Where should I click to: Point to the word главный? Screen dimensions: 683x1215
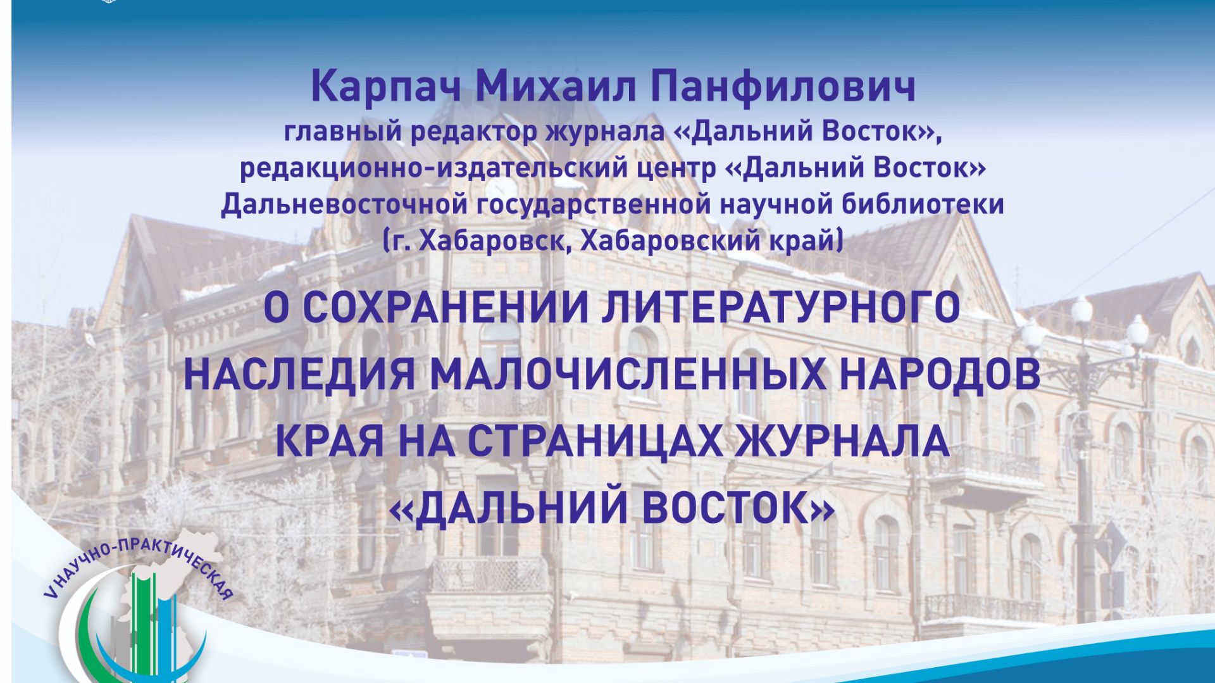click(342, 132)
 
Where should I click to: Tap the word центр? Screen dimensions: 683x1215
click(676, 168)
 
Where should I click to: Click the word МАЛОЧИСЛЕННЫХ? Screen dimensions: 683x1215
click(628, 374)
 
